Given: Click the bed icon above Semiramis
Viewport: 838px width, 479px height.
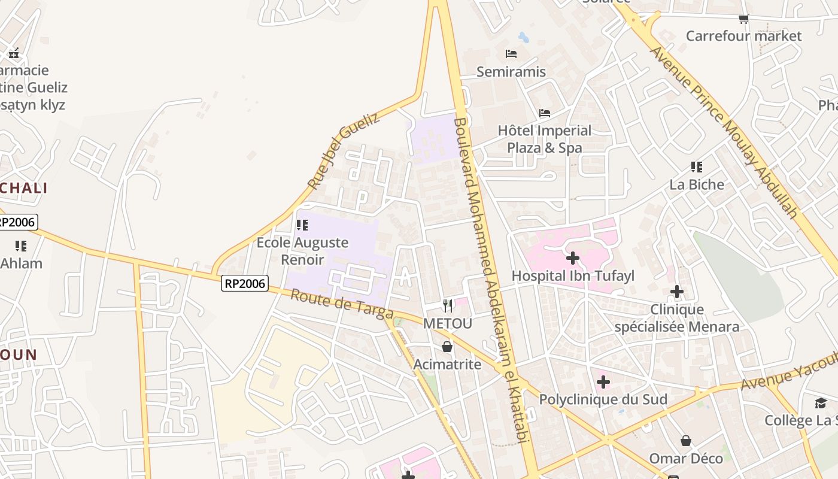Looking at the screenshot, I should pos(511,54).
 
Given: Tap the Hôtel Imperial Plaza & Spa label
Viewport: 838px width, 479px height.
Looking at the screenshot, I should pos(544,139).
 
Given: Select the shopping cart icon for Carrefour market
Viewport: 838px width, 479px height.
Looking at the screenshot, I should pos(743,19).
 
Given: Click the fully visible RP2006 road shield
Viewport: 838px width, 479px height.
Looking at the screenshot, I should pos(244,283).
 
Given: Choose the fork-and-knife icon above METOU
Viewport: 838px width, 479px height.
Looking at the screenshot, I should pos(448,306).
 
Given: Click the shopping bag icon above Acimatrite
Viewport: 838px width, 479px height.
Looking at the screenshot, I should pos(447,347).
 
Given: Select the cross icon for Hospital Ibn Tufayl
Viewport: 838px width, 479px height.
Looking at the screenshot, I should pos(573,258).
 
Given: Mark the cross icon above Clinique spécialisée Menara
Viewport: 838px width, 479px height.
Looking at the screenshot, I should pos(677,292).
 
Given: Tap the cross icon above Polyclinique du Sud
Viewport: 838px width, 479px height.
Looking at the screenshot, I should pos(603,381).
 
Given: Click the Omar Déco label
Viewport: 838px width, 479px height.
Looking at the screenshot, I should pos(686,459).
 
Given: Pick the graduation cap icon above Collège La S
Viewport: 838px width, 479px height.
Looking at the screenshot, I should pos(821,403).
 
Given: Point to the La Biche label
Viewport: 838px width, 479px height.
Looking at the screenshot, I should pos(697,184).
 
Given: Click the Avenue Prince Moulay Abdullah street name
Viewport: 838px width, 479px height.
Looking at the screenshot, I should pos(724,132).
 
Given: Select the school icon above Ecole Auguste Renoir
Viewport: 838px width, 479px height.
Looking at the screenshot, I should pos(302,225).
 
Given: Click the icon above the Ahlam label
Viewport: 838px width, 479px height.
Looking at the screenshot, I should pos(21,246).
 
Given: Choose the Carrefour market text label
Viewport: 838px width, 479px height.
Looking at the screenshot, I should pos(743,36).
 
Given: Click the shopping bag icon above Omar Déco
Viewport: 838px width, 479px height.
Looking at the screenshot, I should pos(686,441).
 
